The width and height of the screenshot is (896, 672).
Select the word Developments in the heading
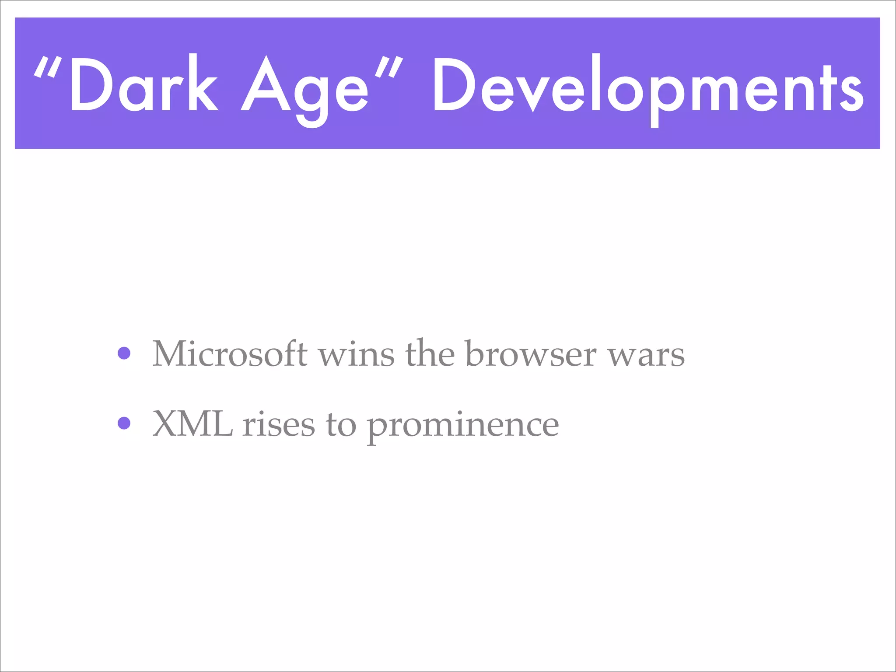(x=647, y=87)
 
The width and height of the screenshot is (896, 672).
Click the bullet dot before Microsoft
(x=124, y=353)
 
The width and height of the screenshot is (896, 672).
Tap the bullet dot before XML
(x=124, y=423)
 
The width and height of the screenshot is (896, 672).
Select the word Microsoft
(x=230, y=353)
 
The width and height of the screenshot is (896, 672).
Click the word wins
(x=356, y=353)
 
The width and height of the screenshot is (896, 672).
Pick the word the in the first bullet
(x=430, y=353)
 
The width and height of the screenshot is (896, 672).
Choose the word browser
(x=531, y=353)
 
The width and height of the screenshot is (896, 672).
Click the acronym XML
(x=192, y=423)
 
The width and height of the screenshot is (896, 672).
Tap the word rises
(x=279, y=423)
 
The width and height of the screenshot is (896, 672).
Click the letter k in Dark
(x=202, y=83)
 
